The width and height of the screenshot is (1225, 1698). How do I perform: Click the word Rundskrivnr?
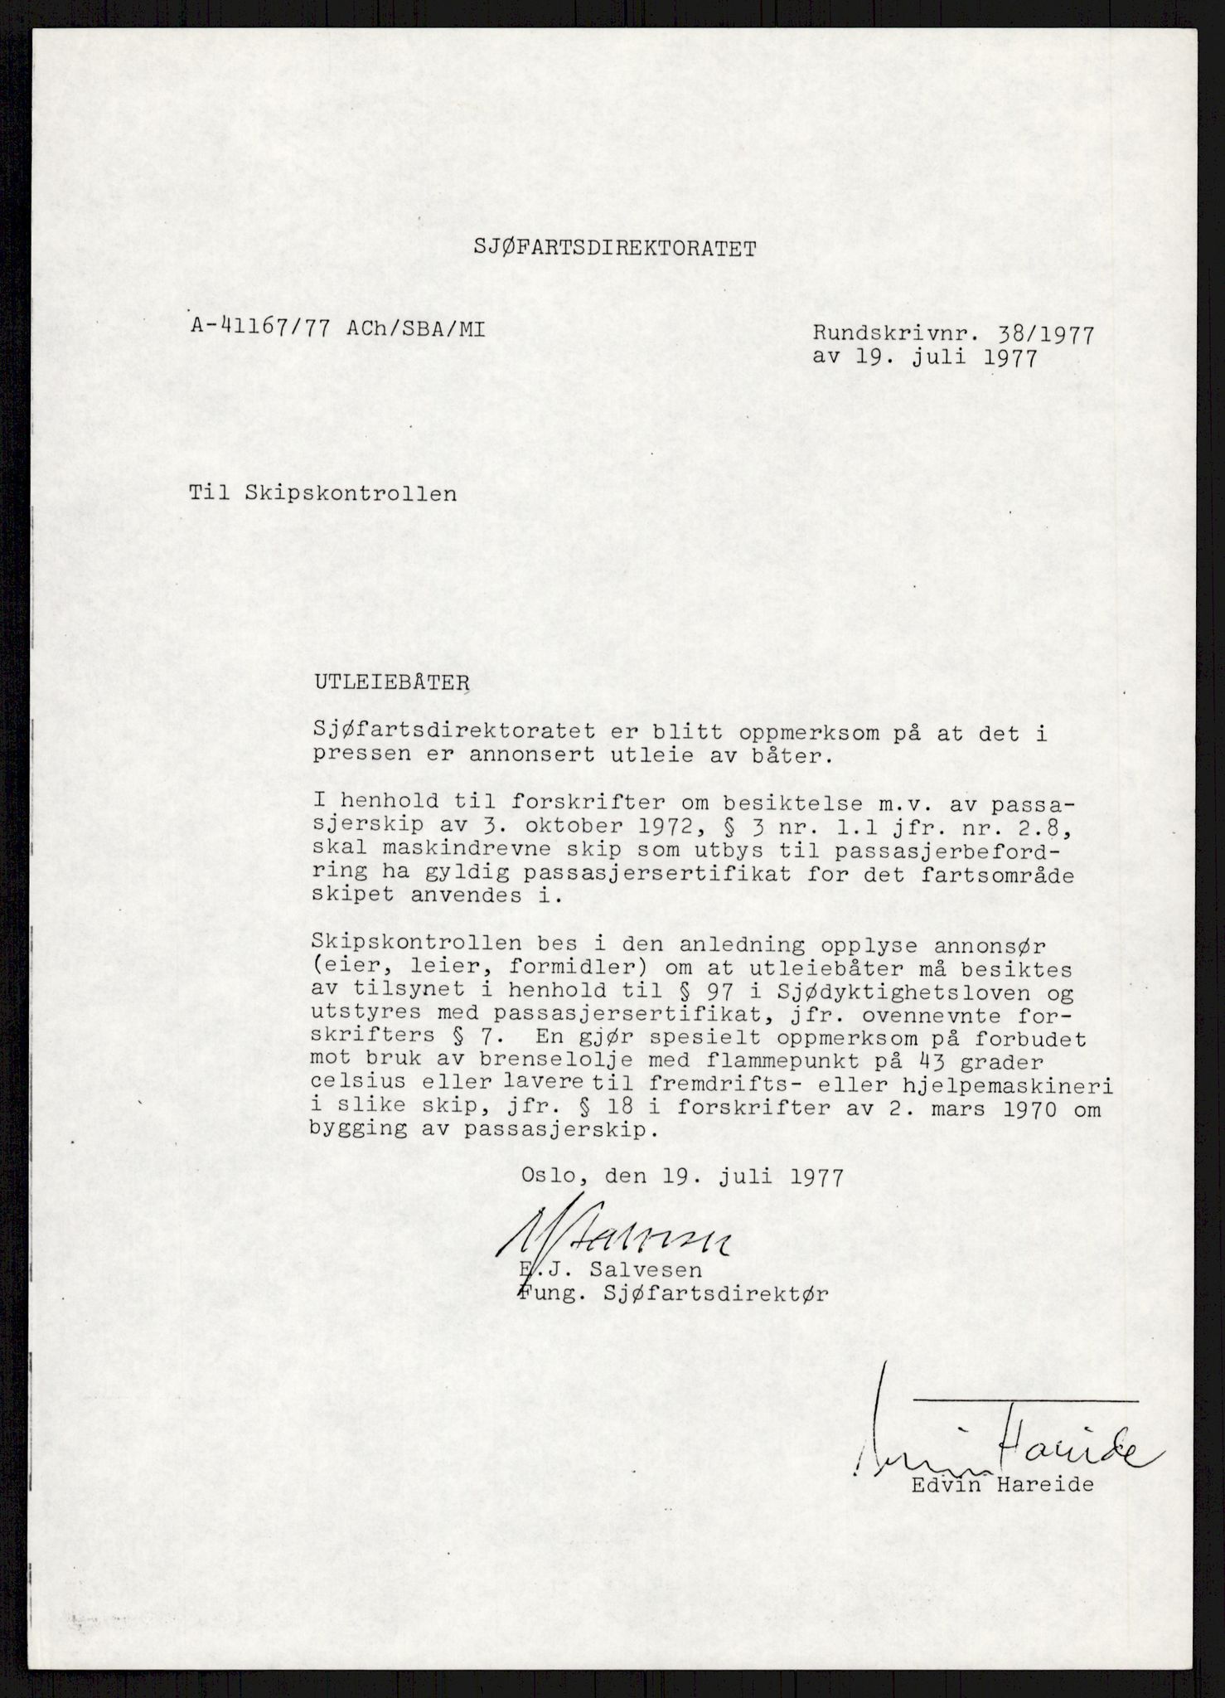click(891, 334)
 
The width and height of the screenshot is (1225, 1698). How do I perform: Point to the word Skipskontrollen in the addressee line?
click(351, 493)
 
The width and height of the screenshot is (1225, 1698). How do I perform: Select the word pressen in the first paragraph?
click(357, 755)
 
